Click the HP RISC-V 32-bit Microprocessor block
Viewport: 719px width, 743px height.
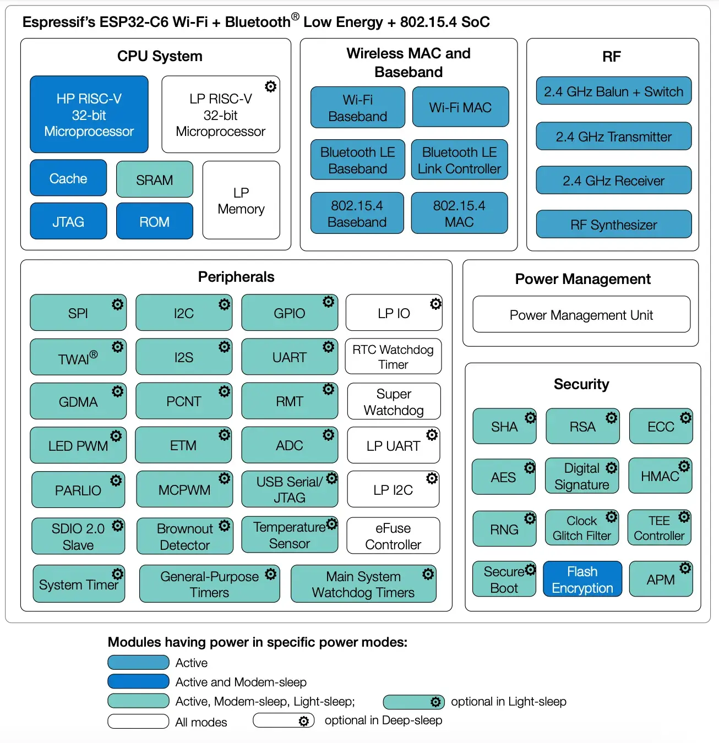89,114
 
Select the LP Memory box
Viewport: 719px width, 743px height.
241,200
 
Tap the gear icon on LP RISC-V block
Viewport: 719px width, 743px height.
270,86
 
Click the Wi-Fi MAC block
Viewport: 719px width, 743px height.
460,107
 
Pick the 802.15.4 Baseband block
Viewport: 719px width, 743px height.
357,214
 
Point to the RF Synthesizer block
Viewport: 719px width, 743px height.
613,225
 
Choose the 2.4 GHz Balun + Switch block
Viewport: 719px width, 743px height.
613,91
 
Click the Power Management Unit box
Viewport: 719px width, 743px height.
581,315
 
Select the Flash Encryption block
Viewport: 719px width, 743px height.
582,580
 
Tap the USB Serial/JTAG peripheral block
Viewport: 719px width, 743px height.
289,489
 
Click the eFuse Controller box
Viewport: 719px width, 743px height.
393,536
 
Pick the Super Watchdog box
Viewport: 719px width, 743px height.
394,402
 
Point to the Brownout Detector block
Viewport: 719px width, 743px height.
184,536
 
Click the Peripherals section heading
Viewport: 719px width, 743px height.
236,277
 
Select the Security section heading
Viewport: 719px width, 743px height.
581,384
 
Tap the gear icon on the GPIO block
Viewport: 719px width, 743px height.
328,302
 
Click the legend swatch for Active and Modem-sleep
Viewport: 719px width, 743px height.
138,681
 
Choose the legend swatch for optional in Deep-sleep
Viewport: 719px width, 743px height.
284,720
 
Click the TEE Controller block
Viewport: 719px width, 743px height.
659,528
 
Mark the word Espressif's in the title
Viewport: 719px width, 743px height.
59,22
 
